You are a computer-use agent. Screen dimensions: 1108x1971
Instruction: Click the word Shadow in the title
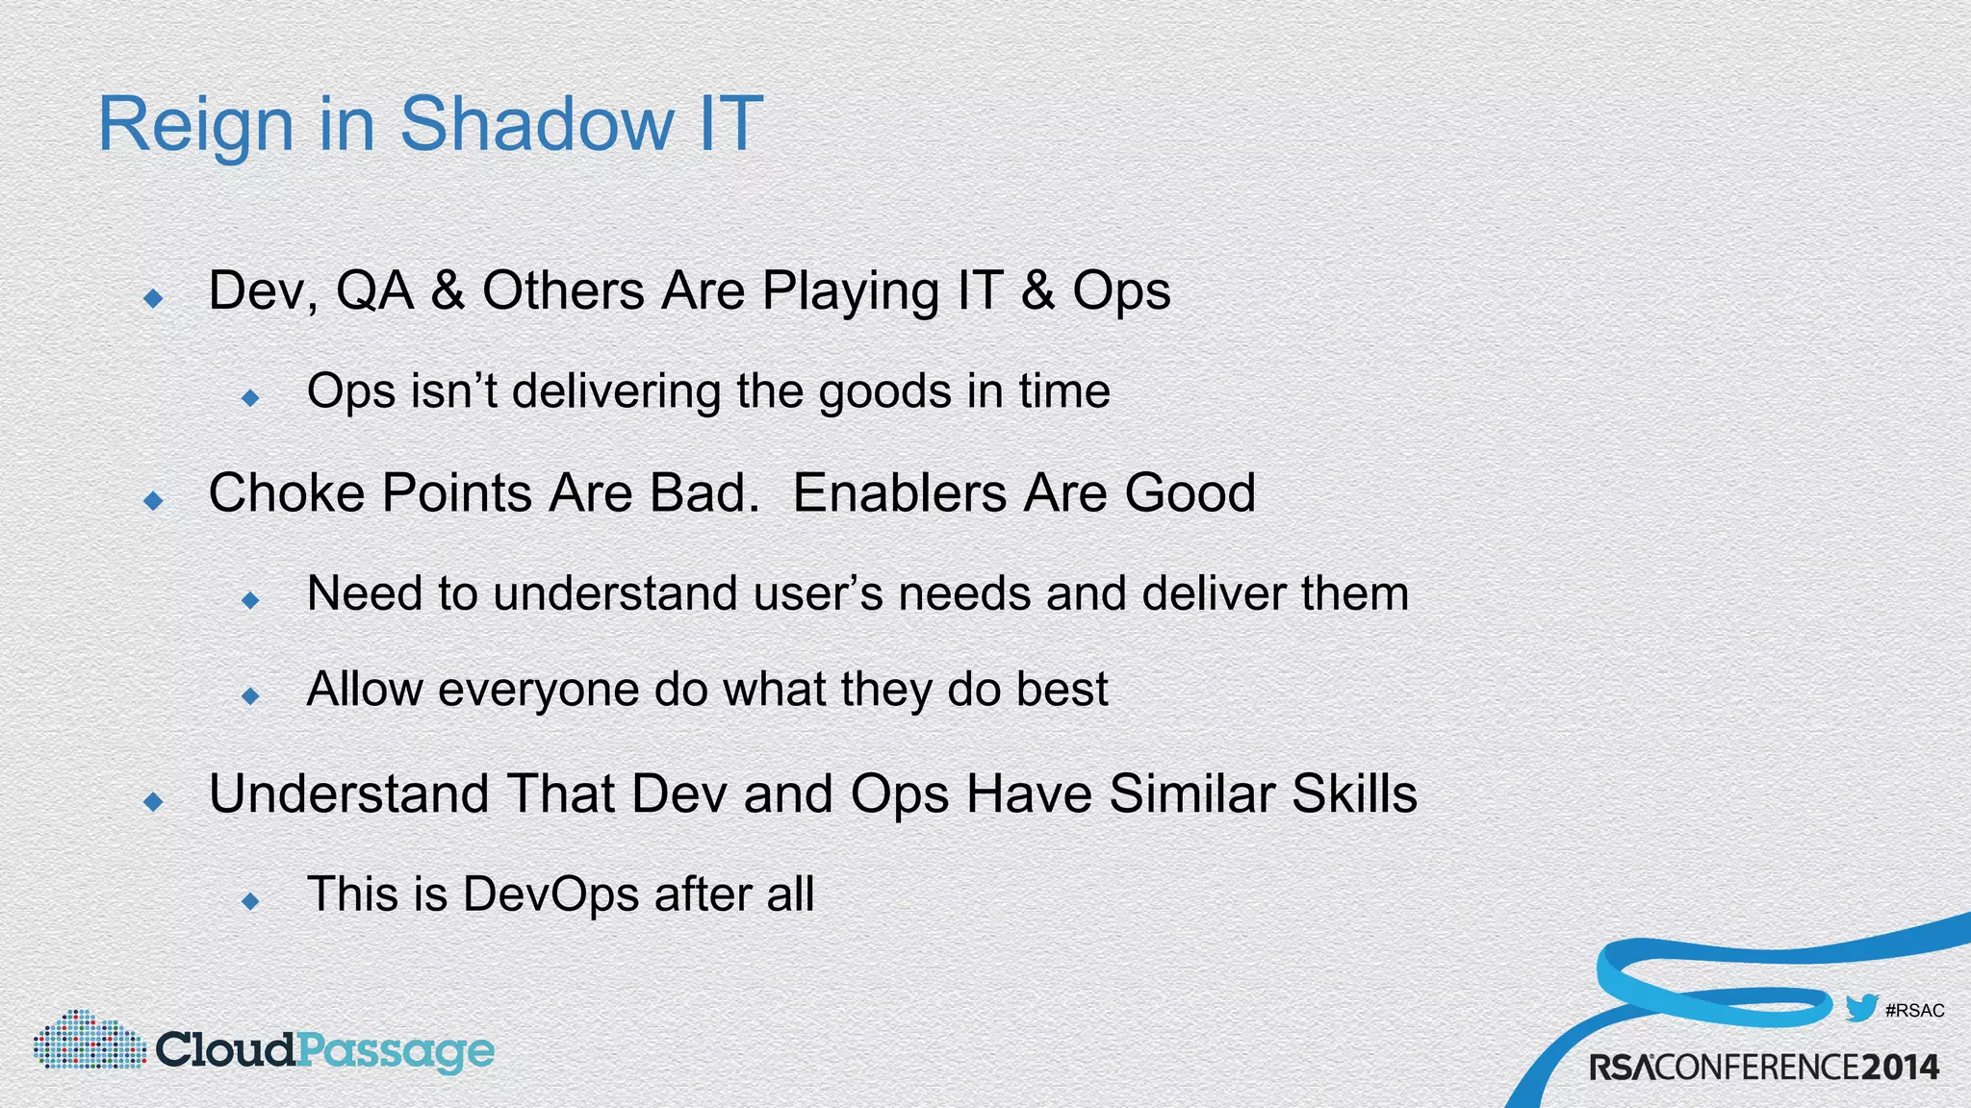click(536, 124)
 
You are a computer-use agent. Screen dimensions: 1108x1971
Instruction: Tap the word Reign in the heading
click(195, 126)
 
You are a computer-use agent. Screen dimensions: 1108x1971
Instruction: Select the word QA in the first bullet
click(374, 290)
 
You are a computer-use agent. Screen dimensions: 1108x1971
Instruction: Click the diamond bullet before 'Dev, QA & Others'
click(153, 298)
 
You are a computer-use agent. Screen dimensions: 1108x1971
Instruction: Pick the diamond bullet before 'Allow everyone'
click(251, 695)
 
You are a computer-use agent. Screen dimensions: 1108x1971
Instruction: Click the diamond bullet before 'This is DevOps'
click(251, 900)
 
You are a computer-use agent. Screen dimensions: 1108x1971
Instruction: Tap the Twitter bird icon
click(1861, 1008)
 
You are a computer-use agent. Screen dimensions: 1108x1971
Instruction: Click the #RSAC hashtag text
click(1914, 1011)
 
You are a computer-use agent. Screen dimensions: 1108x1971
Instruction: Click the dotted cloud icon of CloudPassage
click(89, 1041)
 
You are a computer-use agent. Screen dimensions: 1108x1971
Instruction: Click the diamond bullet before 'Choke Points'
click(153, 500)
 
